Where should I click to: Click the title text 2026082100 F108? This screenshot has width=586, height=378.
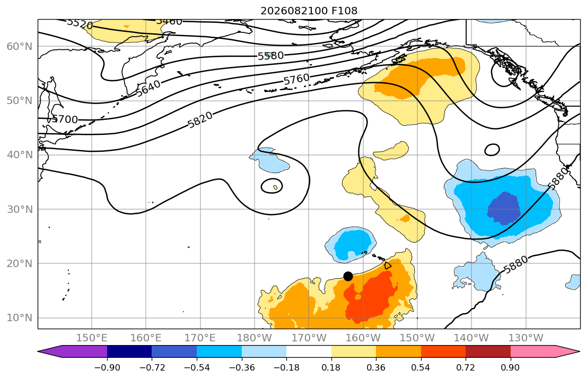309,11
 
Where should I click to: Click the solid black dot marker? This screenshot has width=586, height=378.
348,276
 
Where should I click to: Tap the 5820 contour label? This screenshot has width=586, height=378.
200,120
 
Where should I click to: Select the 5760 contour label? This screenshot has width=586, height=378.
296,79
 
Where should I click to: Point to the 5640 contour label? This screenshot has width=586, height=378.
148,88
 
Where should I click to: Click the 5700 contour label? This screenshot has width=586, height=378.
65,119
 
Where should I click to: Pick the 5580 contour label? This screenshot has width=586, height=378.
270,56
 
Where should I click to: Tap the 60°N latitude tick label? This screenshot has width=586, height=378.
20,46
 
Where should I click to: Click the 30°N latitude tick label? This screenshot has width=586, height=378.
20,209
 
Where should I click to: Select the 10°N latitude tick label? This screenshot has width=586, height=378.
20,318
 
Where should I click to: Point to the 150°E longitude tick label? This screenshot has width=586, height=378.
92,338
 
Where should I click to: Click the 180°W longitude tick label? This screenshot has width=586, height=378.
255,338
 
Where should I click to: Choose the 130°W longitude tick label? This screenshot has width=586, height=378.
526,338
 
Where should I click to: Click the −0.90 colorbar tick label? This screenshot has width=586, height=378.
107,367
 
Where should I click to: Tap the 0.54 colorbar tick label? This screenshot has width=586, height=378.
421,367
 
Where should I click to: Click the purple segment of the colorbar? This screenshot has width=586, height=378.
75,351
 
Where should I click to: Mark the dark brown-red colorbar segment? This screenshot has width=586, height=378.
488,351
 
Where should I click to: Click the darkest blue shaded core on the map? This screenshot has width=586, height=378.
504,208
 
